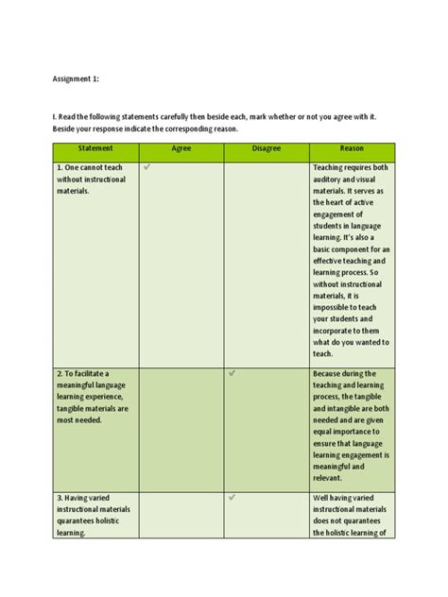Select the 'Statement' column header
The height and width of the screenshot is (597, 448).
click(95, 149)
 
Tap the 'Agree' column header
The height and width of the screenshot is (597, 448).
click(181, 149)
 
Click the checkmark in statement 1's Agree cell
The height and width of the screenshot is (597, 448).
click(147, 167)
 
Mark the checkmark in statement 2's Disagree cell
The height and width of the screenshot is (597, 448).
click(233, 373)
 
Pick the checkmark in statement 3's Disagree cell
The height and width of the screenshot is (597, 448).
click(233, 497)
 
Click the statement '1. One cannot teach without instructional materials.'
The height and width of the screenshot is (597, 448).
click(91, 179)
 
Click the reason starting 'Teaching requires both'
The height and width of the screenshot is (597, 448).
click(351, 260)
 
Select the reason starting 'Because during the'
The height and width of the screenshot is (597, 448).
click(351, 419)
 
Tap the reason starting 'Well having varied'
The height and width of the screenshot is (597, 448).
click(351, 515)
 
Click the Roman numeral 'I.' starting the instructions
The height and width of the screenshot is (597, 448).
click(55, 116)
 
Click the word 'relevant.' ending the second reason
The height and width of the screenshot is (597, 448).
click(330, 477)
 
